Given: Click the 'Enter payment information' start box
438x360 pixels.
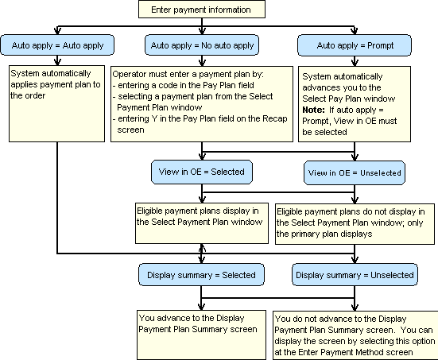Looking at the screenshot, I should point(200,10).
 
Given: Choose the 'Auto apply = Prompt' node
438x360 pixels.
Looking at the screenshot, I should point(350,45).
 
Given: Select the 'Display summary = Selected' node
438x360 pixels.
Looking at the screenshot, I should point(201,275).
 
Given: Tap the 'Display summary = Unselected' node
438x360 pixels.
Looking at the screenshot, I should point(355,275).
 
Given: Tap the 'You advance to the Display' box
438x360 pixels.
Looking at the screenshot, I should point(201,322).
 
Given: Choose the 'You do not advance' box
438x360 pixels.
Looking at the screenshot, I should point(355,334).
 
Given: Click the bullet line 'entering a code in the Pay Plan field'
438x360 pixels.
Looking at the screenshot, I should point(184,84).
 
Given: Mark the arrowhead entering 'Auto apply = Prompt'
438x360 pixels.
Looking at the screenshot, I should point(349,32).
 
